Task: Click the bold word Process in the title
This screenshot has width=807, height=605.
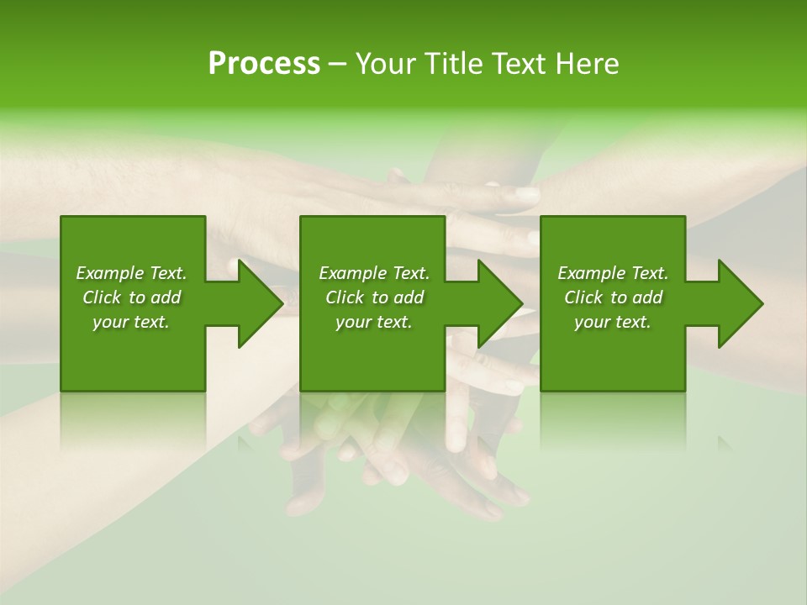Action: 264,64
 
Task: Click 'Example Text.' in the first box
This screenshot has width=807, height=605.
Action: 131,273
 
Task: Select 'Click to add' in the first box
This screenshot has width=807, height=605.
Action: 131,297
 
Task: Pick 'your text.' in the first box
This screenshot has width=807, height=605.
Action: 131,322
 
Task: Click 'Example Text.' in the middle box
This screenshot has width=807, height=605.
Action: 374,273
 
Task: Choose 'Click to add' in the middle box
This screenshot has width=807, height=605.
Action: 374,297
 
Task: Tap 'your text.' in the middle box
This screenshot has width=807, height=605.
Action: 374,322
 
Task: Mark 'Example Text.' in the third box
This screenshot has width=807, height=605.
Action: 613,273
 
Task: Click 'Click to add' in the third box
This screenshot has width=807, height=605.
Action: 613,297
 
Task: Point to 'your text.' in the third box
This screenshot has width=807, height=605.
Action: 613,322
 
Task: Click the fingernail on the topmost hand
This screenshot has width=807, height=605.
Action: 527,195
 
